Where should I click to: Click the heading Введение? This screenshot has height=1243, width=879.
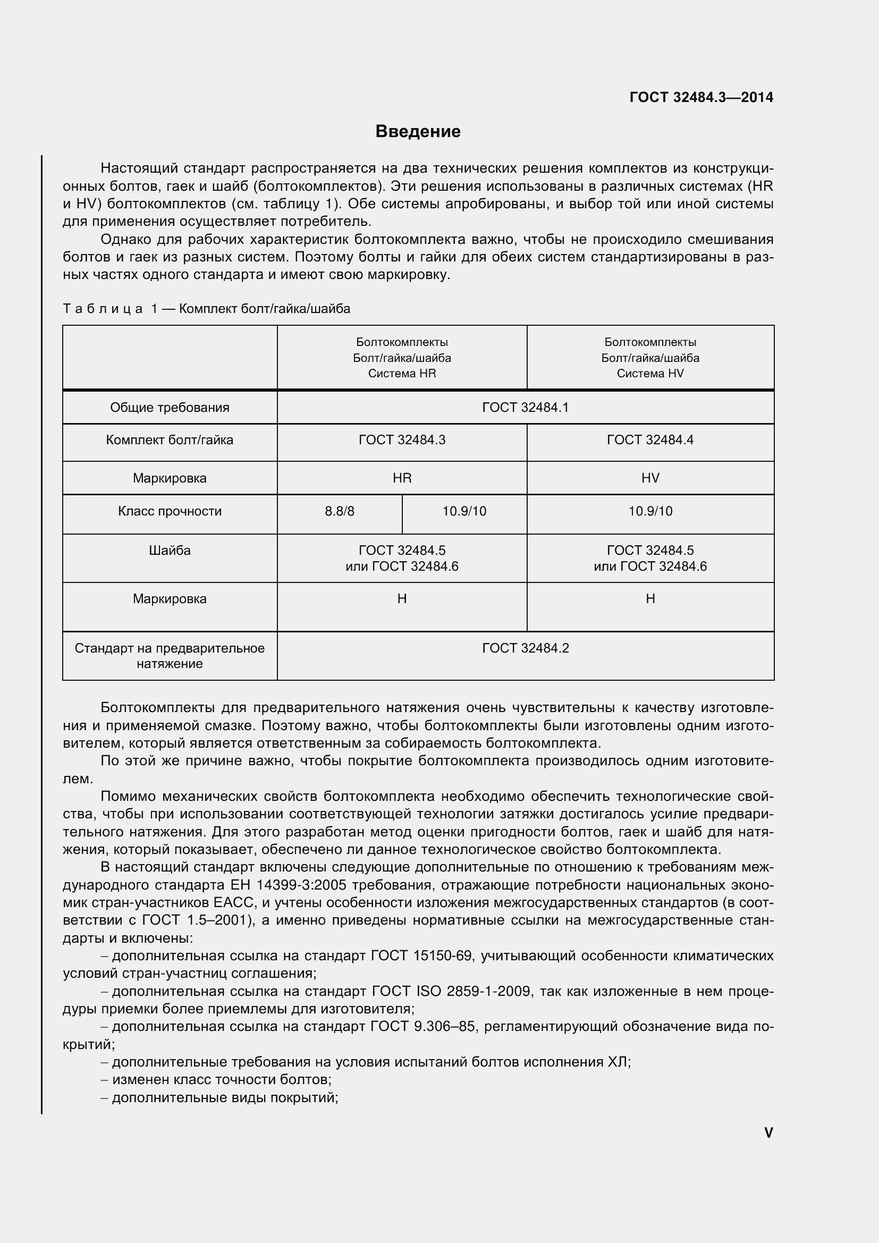pyautogui.click(x=418, y=132)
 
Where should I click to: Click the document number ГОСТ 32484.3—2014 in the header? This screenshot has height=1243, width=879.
pyautogui.click(x=701, y=97)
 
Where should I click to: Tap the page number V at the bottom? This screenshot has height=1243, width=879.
pyautogui.click(x=768, y=1132)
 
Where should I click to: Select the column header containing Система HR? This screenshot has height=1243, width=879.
pyautogui.click(x=402, y=358)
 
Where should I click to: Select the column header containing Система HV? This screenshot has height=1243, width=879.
pyautogui.click(x=650, y=358)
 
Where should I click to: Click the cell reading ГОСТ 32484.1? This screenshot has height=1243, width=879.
pyautogui.click(x=525, y=408)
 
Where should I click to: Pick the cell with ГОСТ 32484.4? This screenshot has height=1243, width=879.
pyautogui.click(x=650, y=440)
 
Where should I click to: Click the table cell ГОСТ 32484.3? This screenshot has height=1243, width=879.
pyautogui.click(x=402, y=440)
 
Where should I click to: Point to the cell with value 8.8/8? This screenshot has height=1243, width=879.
pyautogui.click(x=340, y=511)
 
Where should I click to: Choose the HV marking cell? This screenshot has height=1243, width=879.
pyautogui.click(x=650, y=478)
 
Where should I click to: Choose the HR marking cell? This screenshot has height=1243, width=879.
pyautogui.click(x=402, y=478)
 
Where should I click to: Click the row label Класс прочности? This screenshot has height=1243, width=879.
pyautogui.click(x=170, y=511)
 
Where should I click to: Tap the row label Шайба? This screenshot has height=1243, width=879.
pyautogui.click(x=170, y=551)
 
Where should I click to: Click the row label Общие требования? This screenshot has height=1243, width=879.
pyautogui.click(x=170, y=408)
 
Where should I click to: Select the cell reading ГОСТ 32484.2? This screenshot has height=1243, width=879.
pyautogui.click(x=525, y=648)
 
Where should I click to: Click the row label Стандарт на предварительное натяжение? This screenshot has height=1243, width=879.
pyautogui.click(x=170, y=656)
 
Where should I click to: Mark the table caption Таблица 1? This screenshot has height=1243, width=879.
pyautogui.click(x=206, y=309)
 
